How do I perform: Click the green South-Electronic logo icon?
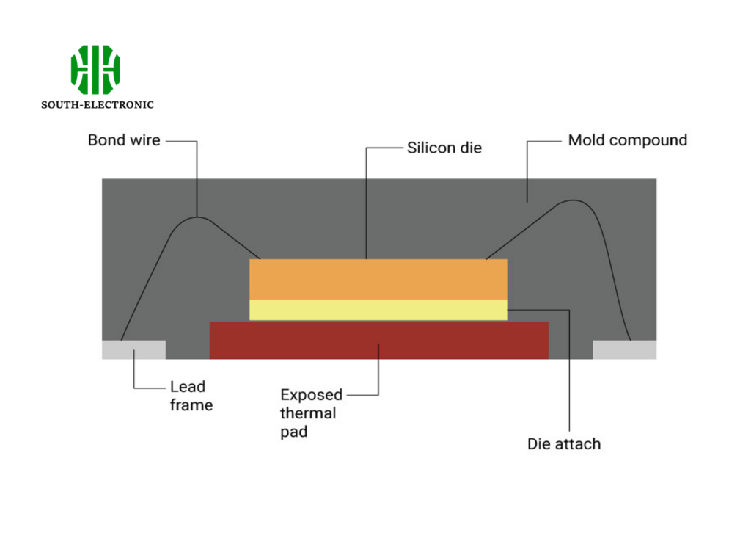click(x=95, y=70)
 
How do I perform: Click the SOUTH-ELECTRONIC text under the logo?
click(x=98, y=105)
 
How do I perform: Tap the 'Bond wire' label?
click(x=124, y=140)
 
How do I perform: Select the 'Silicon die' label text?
click(x=444, y=148)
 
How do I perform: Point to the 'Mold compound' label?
click(x=628, y=140)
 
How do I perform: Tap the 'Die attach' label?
click(x=564, y=444)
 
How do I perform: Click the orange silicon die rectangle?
click(x=378, y=279)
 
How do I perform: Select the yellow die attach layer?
click(x=378, y=310)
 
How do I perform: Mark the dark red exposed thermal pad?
click(x=379, y=341)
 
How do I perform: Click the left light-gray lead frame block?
click(x=133, y=349)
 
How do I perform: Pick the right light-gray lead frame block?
click(x=624, y=350)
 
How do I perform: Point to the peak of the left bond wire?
click(x=197, y=217)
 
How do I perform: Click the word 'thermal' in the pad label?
click(x=308, y=413)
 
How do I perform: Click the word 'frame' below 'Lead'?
click(x=191, y=405)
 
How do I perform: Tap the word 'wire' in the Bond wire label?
click(x=144, y=140)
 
